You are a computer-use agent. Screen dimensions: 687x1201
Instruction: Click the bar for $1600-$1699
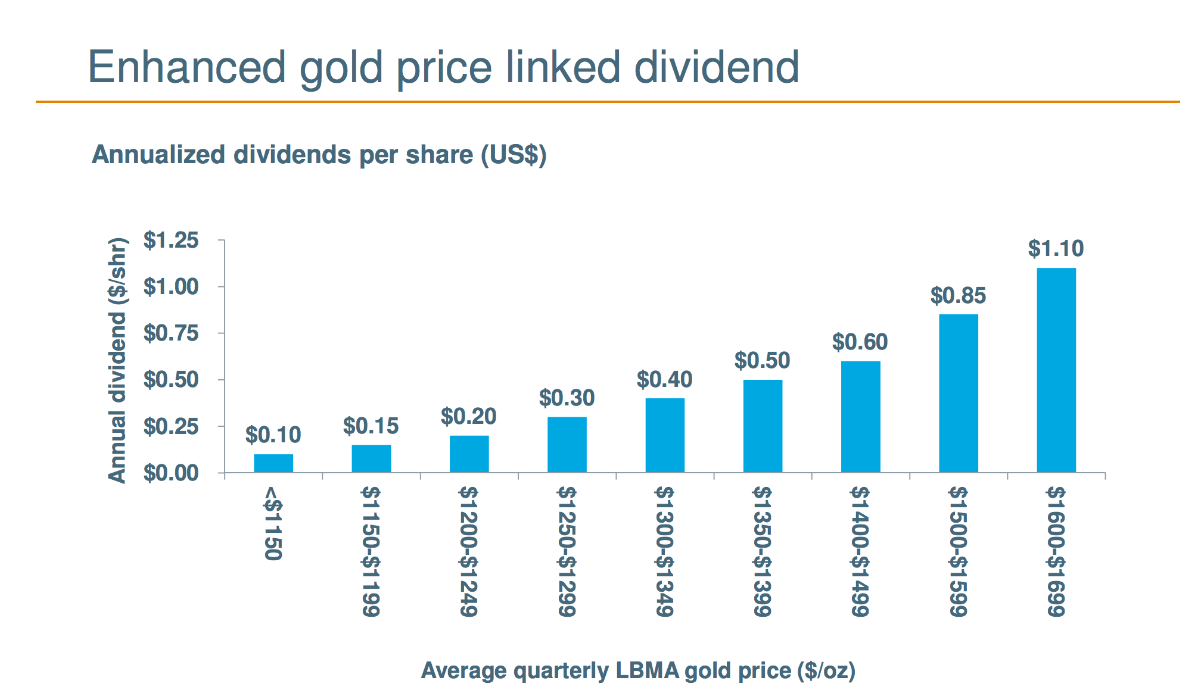[1056, 370]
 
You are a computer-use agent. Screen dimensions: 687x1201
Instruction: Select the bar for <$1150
[273, 463]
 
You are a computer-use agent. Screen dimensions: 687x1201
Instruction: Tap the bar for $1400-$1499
[860, 417]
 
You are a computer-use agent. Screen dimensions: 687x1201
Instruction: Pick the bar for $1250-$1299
[567, 445]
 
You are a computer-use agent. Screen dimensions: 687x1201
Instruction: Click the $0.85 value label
[958, 296]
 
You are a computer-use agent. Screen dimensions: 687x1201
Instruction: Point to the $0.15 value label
[371, 426]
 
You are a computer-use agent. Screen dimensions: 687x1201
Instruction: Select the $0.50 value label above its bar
[762, 361]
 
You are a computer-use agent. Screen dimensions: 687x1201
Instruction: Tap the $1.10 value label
[1056, 249]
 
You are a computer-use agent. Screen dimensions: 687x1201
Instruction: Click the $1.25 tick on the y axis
[171, 241]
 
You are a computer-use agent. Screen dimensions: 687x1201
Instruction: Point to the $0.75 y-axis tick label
[171, 333]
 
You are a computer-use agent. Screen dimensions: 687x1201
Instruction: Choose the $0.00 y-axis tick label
[171, 473]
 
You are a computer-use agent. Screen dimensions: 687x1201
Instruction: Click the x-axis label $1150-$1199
[371, 551]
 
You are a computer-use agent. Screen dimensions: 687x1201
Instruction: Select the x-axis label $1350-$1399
[763, 551]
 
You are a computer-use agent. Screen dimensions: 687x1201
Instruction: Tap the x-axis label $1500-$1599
[958, 551]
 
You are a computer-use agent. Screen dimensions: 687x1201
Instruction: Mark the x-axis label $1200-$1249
[469, 551]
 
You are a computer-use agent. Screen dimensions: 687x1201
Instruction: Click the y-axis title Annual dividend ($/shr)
[117, 360]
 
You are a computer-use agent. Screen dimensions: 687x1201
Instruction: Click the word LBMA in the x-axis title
[648, 671]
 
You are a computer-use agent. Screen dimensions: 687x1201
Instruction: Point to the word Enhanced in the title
[186, 67]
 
